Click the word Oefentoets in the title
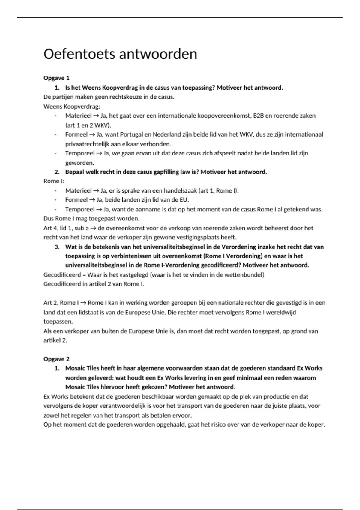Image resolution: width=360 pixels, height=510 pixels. pyautogui.click(x=79, y=54)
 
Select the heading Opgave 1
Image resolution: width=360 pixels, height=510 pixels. pyautogui.click(x=56, y=78)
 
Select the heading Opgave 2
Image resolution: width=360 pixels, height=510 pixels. pyautogui.click(x=56, y=359)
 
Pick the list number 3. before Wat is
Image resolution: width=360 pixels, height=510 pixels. pyautogui.click(x=57, y=247)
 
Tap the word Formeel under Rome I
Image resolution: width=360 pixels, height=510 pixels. pyautogui.click(x=76, y=200)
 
